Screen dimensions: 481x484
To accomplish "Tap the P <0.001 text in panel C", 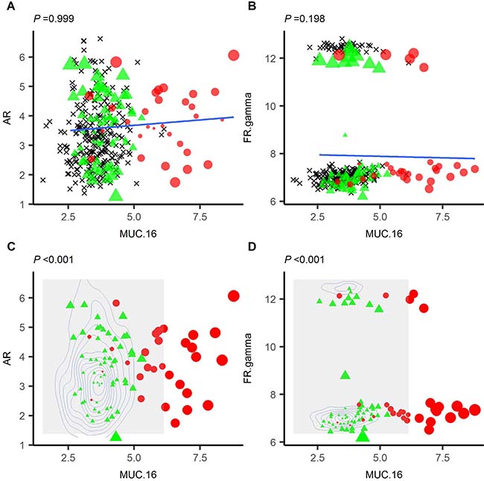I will point(54,259).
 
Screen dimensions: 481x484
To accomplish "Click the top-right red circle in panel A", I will point(233,55).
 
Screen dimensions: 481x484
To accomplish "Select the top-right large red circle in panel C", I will point(233,296).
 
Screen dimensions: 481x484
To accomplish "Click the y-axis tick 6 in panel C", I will point(25,297).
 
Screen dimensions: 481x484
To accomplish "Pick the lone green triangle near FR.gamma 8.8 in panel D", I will point(344,375).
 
